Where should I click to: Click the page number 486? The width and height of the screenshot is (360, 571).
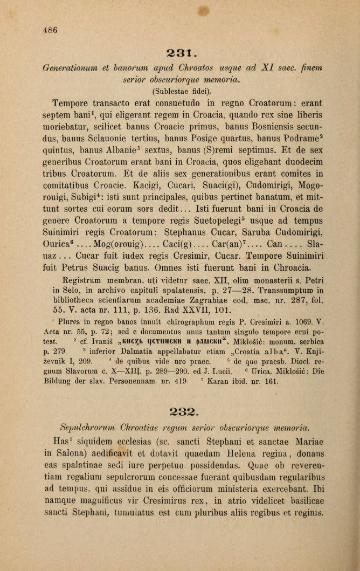click(x=50, y=31)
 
